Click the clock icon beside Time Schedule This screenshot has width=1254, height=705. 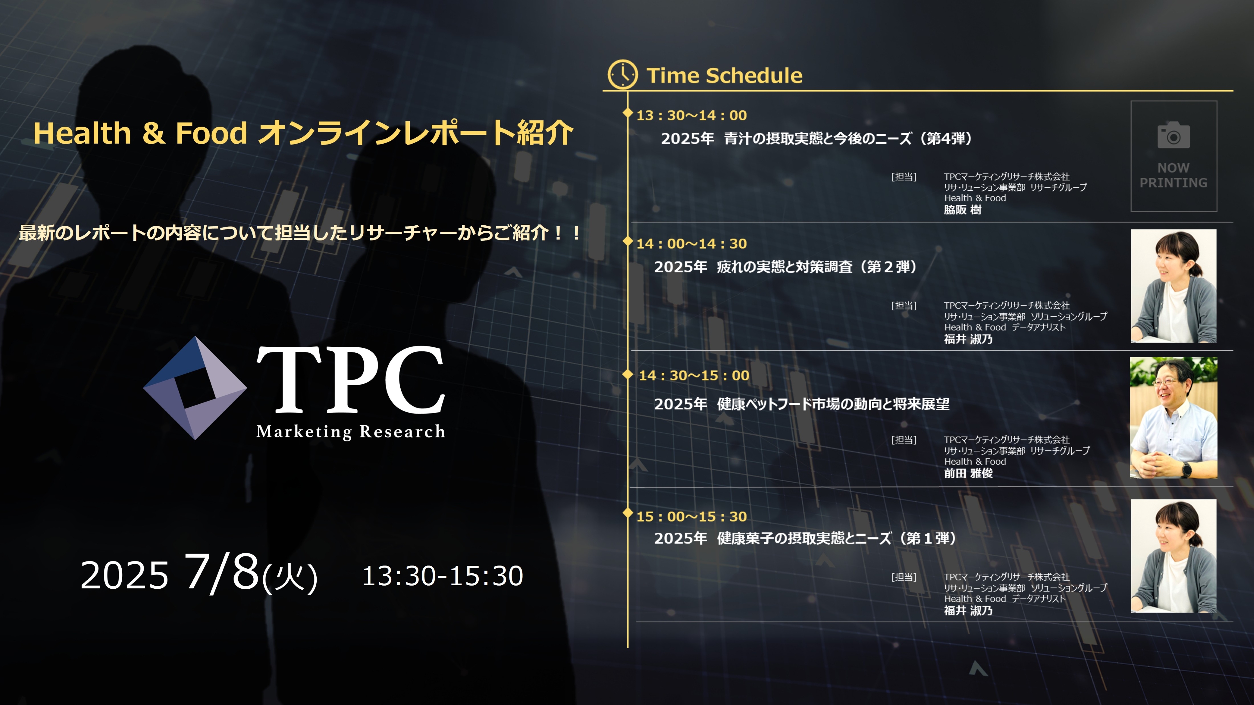pos(622,75)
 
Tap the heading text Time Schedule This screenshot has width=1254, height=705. pos(724,76)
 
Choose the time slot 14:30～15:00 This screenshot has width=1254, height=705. pos(694,375)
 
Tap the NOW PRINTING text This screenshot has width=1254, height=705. pos(1173,175)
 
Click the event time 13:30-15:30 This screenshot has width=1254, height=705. pos(442,576)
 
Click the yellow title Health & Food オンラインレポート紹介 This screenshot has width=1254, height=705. pos(303,133)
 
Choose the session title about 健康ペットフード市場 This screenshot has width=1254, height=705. pos(802,404)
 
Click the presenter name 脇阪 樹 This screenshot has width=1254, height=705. pos(962,210)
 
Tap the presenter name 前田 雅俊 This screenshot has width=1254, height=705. pos(968,473)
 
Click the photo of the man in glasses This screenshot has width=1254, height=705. pos(1173,418)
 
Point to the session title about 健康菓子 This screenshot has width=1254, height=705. pos(805,539)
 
